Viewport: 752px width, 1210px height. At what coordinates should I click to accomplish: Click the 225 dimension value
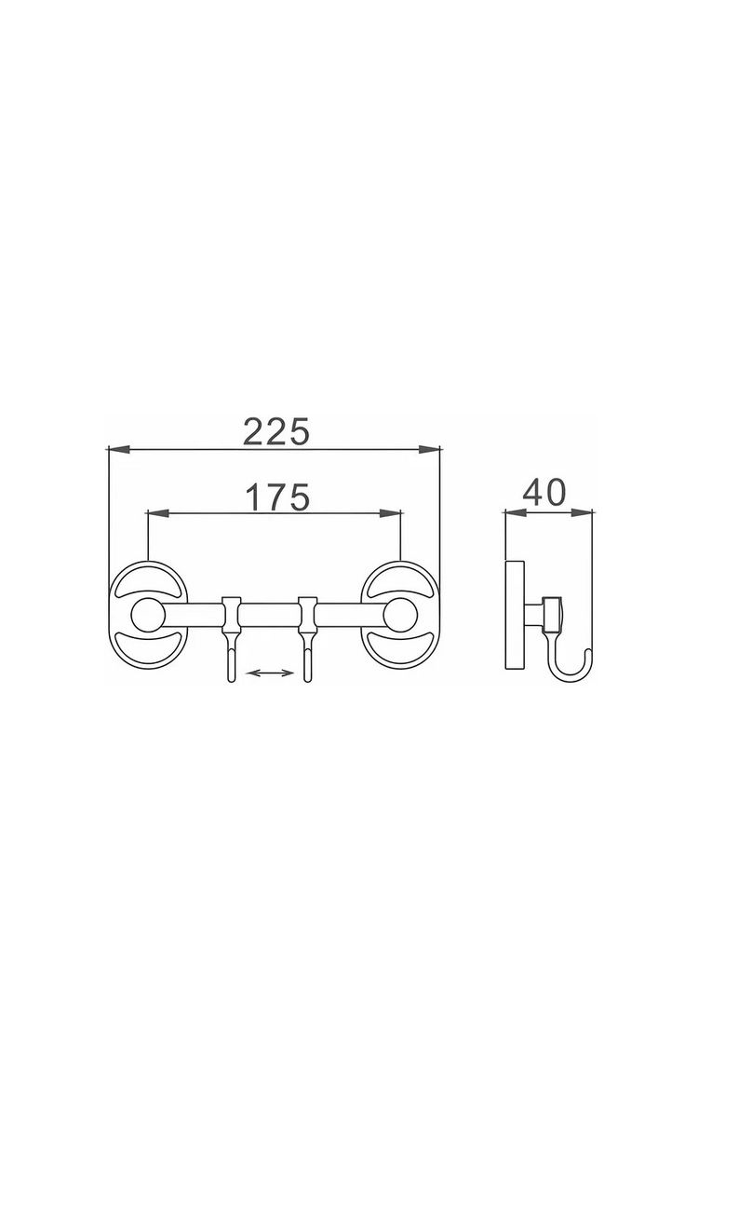(276, 431)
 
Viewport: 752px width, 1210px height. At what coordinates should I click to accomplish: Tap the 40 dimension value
(544, 492)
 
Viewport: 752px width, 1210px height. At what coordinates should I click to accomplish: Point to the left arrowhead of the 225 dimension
(119, 448)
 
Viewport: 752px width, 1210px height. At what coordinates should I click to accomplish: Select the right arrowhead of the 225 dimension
(430, 448)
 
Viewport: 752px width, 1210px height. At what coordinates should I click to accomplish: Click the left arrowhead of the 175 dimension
(158, 513)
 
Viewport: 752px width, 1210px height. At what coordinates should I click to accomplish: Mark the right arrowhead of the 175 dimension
(391, 513)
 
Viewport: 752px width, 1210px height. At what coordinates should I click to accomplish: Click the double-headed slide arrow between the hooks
(270, 673)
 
